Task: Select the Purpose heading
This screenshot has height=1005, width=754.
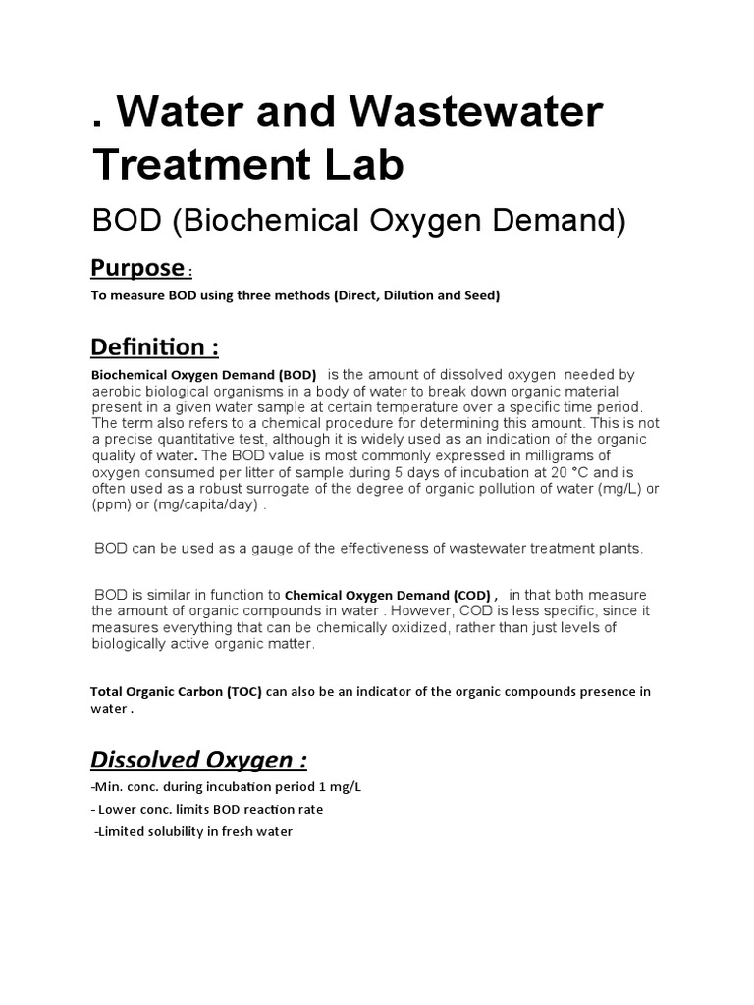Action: tap(136, 267)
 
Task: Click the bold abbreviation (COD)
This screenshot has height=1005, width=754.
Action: tap(471, 595)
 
